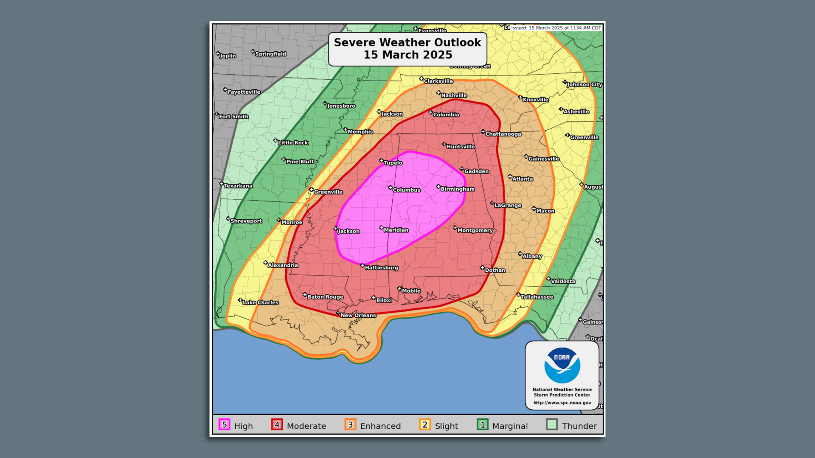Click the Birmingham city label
click(457, 189)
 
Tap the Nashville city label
click(453, 95)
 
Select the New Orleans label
click(358, 315)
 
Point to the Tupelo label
click(393, 163)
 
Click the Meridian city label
click(396, 230)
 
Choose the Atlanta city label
click(522, 179)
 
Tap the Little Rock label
click(292, 142)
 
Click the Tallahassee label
click(537, 297)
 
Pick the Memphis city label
click(360, 132)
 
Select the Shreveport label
click(246, 221)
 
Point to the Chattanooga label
click(503, 134)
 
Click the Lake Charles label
click(260, 302)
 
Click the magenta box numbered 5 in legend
click(225, 425)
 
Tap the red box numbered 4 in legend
click(277, 425)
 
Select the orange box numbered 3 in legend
click(351, 425)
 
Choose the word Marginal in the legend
click(510, 426)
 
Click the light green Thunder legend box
click(552, 425)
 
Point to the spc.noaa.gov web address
click(562, 403)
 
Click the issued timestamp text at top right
click(556, 28)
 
